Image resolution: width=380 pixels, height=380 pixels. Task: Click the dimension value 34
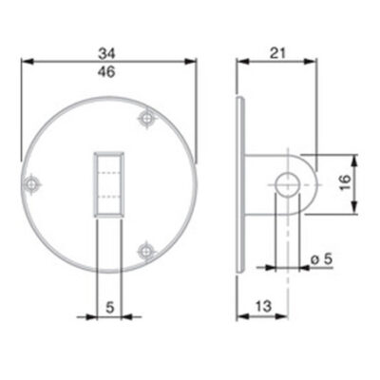pos(106,53)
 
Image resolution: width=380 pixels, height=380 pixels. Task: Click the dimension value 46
pos(106,72)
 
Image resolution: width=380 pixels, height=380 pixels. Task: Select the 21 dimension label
pos(277,53)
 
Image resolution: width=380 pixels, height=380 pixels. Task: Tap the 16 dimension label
pos(345,182)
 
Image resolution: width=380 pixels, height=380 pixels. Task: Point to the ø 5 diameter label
pos(321,259)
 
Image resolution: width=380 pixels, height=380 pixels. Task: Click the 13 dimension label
pos(264,306)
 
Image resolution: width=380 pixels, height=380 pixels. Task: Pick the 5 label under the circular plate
pos(109,307)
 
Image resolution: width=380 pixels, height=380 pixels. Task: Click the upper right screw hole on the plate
pos(146,119)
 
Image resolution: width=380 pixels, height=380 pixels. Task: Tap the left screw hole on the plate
pos(31,183)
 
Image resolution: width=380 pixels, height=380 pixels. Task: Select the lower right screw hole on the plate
pos(146,252)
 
